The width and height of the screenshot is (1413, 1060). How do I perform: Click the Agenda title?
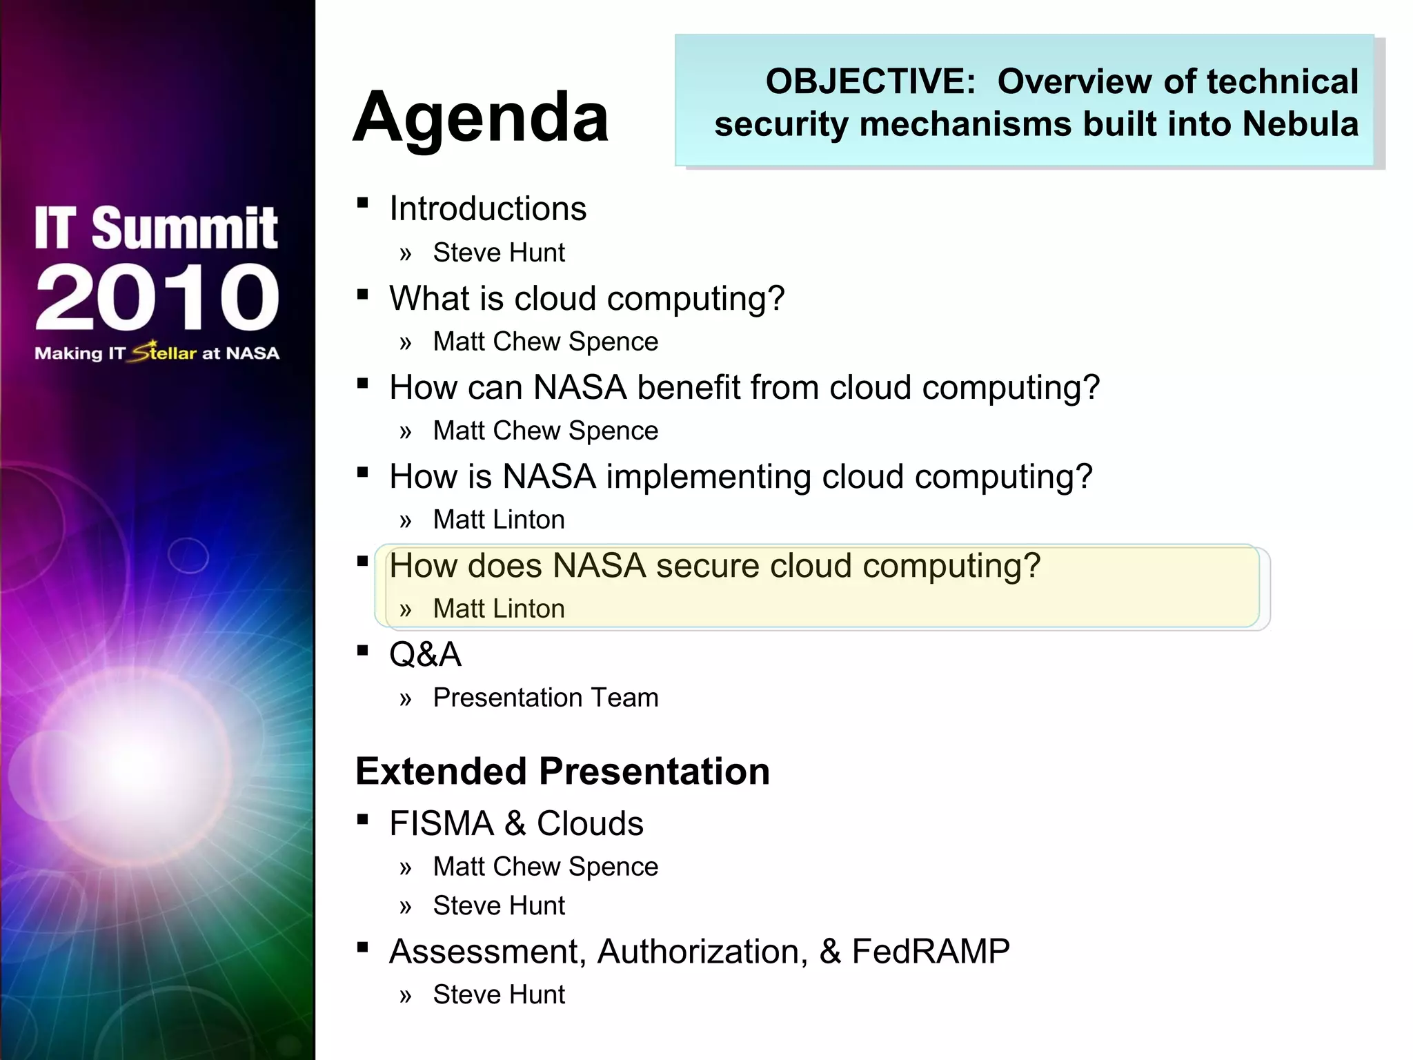[481, 117]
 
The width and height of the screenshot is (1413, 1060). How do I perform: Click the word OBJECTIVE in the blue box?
[869, 81]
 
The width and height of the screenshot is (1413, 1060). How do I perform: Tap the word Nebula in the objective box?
[1300, 124]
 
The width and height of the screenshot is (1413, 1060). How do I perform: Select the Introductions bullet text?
[487, 209]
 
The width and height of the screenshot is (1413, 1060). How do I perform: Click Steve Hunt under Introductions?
[498, 253]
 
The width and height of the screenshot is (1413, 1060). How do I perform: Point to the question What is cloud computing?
[586, 299]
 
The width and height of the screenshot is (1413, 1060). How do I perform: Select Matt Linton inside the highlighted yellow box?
[498, 609]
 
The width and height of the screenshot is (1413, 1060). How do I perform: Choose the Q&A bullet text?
[425, 655]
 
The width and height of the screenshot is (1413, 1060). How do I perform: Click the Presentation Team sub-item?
[545, 698]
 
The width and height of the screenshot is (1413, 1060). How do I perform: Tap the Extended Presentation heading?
[562, 772]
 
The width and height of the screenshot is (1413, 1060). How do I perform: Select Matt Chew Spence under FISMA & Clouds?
[545, 867]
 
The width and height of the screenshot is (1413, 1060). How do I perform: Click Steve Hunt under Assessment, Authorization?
[498, 995]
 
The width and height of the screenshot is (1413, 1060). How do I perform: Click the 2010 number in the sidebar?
[157, 297]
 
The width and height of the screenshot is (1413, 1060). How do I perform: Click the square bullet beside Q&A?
[363, 650]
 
